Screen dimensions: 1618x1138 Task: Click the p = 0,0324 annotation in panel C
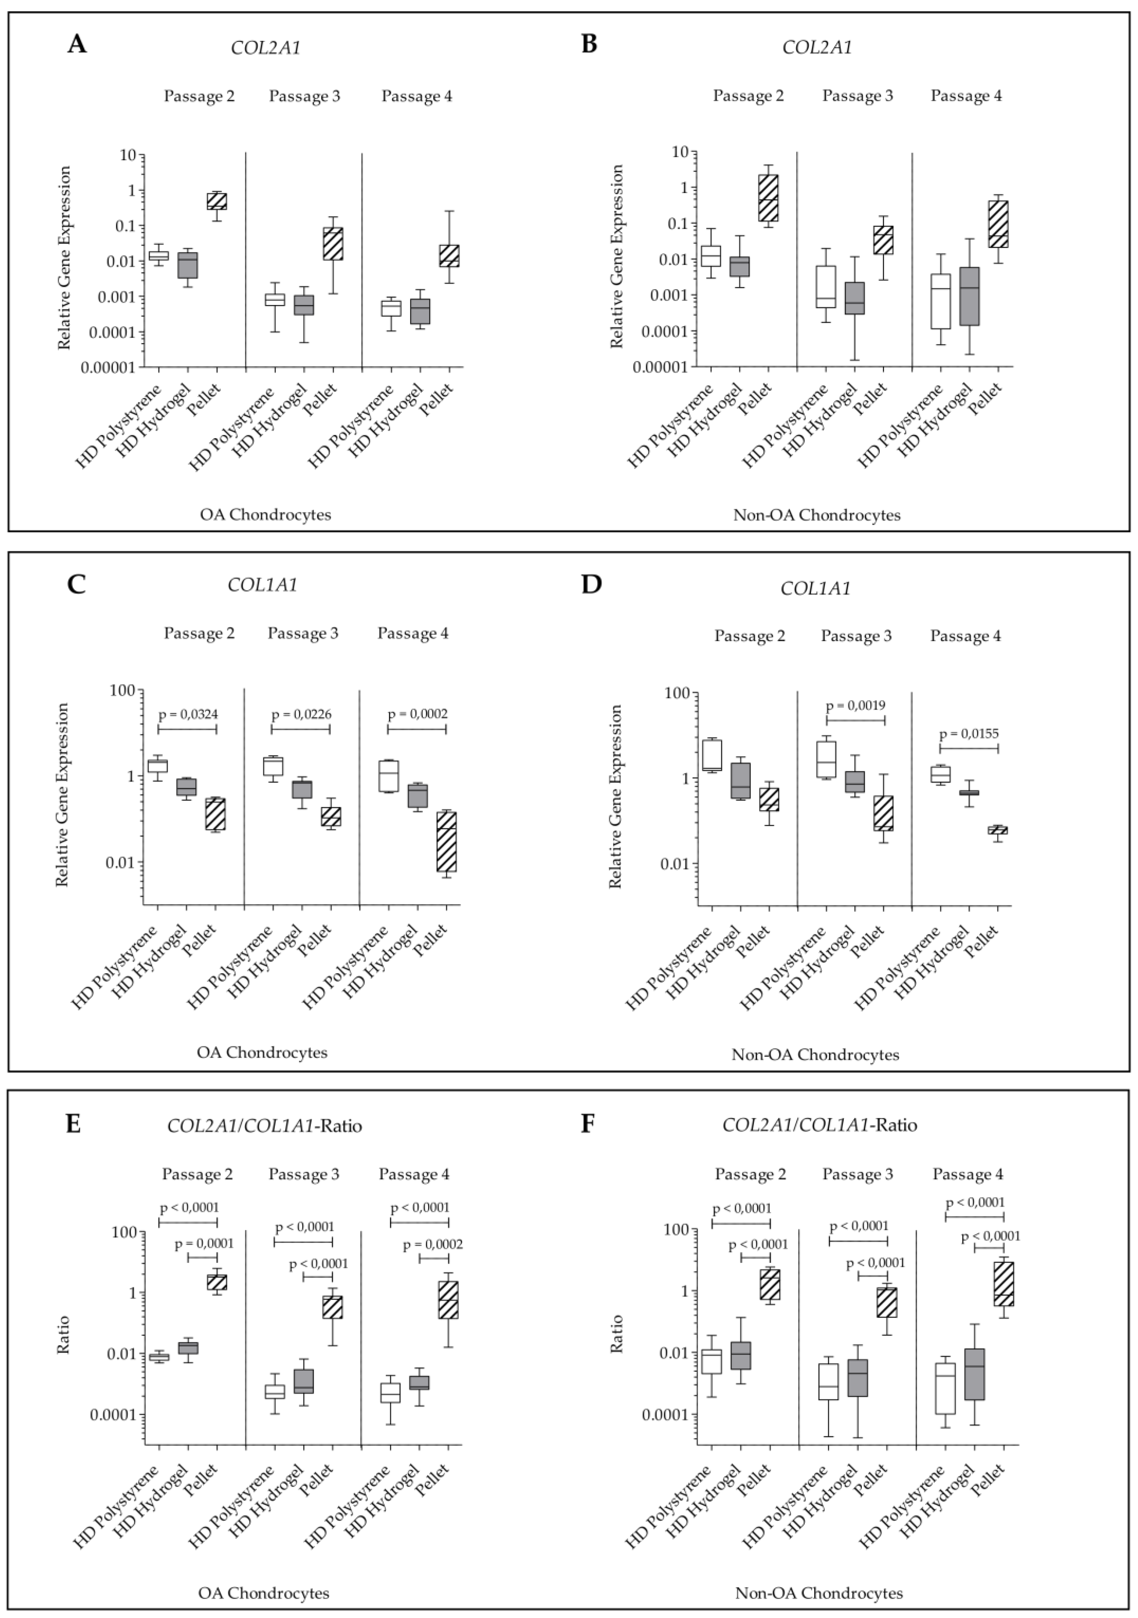tap(188, 714)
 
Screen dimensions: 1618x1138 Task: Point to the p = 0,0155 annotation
tap(969, 734)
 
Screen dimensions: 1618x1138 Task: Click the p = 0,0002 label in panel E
tap(433, 1245)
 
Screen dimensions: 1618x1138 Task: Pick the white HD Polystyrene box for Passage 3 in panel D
tap(825, 759)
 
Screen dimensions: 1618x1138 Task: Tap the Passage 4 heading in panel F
tap(967, 1174)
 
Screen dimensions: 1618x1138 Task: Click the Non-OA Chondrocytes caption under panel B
tap(816, 515)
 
